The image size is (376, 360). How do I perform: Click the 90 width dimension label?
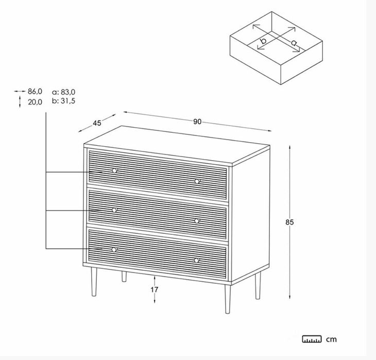click(197, 122)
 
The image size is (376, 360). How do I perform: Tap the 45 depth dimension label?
click(97, 123)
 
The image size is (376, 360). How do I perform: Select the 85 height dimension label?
click(289, 222)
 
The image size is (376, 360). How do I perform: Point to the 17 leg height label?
click(155, 290)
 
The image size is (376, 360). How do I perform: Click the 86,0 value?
click(35, 91)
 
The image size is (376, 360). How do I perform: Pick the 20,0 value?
click(35, 102)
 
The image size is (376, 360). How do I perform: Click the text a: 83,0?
click(63, 92)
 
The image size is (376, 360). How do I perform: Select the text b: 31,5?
click(63, 101)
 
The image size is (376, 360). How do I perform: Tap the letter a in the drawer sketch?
click(294, 43)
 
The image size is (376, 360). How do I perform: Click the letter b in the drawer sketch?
click(263, 40)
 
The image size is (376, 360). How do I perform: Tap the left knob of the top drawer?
click(115, 170)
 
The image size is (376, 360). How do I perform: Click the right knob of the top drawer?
click(197, 181)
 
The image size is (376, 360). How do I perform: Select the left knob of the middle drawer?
click(115, 210)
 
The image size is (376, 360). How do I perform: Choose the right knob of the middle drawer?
click(197, 221)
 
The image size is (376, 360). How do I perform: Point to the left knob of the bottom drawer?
click(114, 250)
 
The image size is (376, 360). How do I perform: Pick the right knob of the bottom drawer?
click(197, 260)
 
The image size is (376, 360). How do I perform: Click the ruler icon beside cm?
click(312, 339)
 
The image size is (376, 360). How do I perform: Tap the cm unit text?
click(331, 339)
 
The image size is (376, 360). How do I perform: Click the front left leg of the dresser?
click(94, 282)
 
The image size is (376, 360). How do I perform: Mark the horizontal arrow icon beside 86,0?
click(20, 91)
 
